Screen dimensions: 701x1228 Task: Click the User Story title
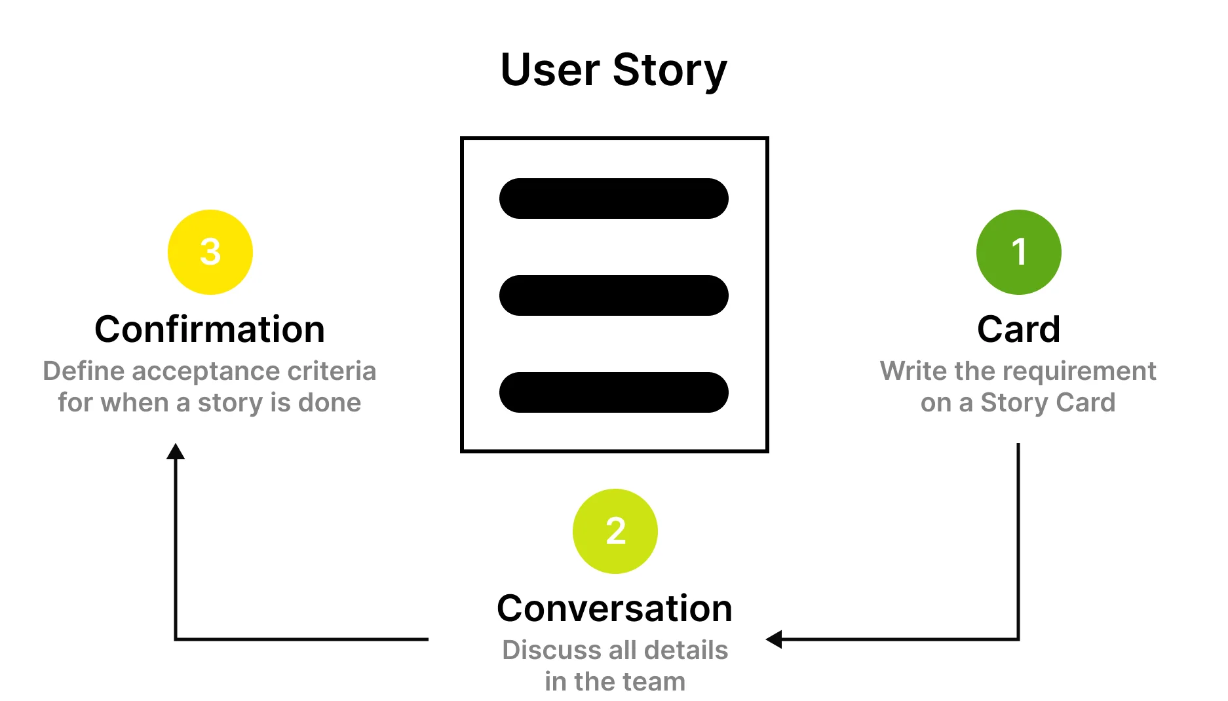click(613, 70)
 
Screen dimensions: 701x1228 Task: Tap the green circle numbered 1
click(1018, 252)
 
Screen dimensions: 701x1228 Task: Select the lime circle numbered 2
click(615, 531)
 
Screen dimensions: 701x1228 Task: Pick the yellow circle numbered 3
click(210, 252)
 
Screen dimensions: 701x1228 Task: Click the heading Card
click(1018, 330)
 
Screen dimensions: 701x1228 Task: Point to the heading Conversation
click(615, 609)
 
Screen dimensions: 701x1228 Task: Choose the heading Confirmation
click(210, 330)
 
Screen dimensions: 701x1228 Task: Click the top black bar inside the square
click(613, 199)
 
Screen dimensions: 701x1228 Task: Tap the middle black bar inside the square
click(613, 295)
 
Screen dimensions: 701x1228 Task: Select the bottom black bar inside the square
click(613, 392)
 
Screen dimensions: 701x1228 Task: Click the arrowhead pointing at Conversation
click(775, 639)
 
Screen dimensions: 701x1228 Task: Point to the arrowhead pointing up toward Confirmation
click(176, 451)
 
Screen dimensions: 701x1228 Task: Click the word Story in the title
click(669, 70)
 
